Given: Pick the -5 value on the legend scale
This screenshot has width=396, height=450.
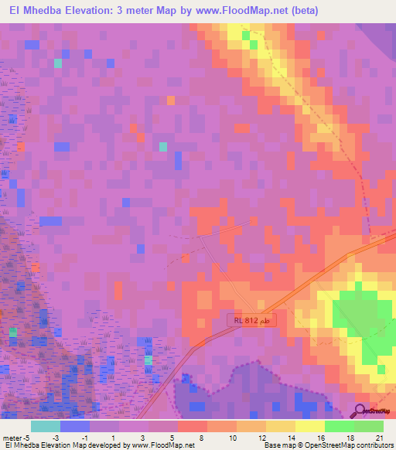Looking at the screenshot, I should point(28,437).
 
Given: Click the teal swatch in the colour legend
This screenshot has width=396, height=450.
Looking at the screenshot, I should point(46,426).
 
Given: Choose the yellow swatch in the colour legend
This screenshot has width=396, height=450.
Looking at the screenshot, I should point(309,426).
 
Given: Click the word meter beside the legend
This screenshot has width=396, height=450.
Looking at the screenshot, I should point(12,437).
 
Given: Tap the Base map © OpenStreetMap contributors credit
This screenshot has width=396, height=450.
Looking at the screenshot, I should point(328,445).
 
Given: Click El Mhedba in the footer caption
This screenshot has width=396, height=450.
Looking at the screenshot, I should point(24,445).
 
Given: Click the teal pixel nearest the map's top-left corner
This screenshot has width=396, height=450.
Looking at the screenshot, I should point(57,63).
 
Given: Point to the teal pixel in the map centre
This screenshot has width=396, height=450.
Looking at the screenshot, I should point(162,146).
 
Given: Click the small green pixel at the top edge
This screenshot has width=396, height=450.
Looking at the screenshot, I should point(246,35).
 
